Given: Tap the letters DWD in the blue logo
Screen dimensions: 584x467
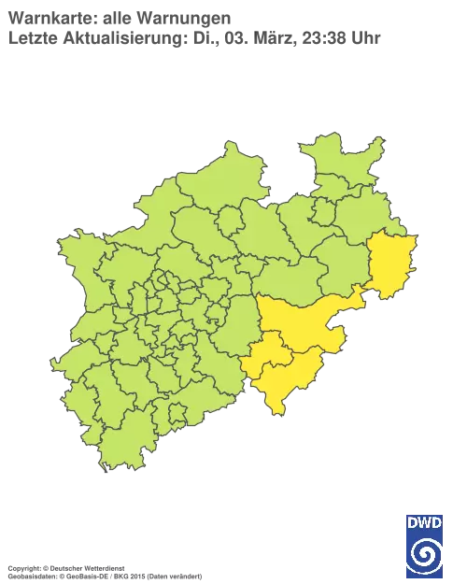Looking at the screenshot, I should click(425, 520).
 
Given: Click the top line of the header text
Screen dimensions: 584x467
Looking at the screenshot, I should click(117, 18).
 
